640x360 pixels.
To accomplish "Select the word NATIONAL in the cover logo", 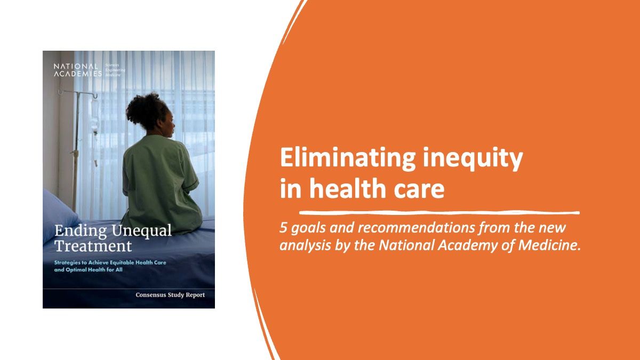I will click(x=76, y=66).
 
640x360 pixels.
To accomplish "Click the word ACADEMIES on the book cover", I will click(x=77, y=74).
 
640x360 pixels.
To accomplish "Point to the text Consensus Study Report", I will click(x=170, y=294).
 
